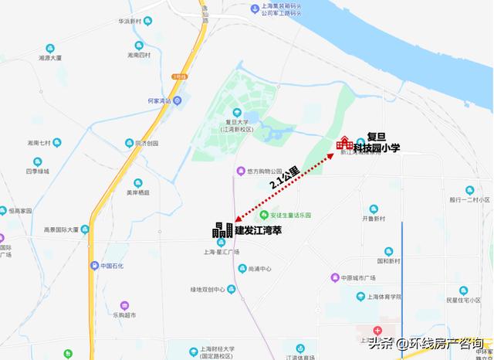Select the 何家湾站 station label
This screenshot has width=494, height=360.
coord(158,101)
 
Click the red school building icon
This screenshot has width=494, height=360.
coord(344,142)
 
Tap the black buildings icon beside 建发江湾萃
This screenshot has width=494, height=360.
coord(223,229)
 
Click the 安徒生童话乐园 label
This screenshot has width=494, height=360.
coord(290,215)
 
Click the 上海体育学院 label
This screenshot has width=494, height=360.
coord(384,296)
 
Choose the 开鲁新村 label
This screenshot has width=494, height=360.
coord(374,218)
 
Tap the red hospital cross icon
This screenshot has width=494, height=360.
coord(377,330)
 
